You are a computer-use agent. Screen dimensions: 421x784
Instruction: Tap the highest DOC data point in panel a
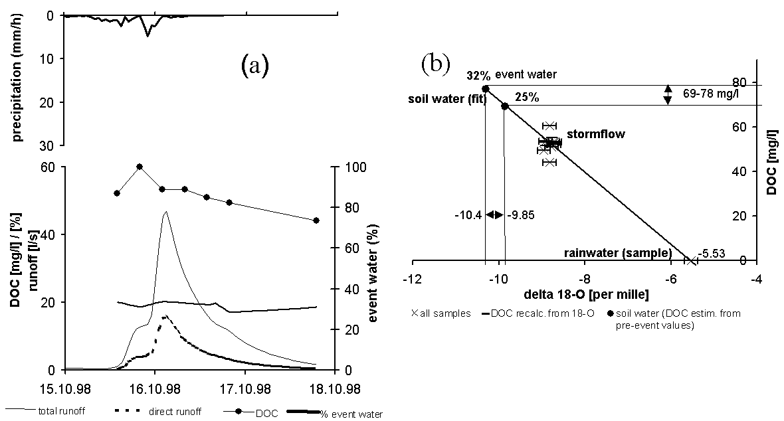[x=140, y=167]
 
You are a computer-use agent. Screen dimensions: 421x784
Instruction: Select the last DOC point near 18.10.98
[x=316, y=220]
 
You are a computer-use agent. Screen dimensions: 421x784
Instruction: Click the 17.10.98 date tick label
[x=245, y=386]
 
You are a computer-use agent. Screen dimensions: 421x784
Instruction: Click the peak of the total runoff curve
[x=165, y=212]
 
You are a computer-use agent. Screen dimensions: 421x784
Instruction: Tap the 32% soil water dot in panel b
[x=486, y=88]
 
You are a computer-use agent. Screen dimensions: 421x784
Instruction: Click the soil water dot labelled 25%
[x=505, y=106]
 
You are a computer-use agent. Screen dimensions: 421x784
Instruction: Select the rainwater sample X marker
[x=692, y=260]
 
